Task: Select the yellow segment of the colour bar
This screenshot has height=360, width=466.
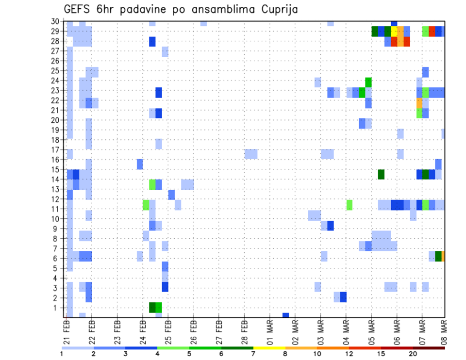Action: click(x=269, y=348)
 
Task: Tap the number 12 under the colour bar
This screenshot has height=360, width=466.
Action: click(x=349, y=354)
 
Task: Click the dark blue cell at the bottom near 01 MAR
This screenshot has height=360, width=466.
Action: click(x=285, y=315)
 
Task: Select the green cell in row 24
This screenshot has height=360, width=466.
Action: click(x=368, y=82)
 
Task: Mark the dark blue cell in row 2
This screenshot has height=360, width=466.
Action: click(x=343, y=296)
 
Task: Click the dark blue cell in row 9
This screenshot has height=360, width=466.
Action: click(x=331, y=226)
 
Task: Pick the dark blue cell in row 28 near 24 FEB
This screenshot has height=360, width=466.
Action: click(x=152, y=42)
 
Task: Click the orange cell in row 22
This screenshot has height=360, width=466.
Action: click(x=419, y=103)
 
